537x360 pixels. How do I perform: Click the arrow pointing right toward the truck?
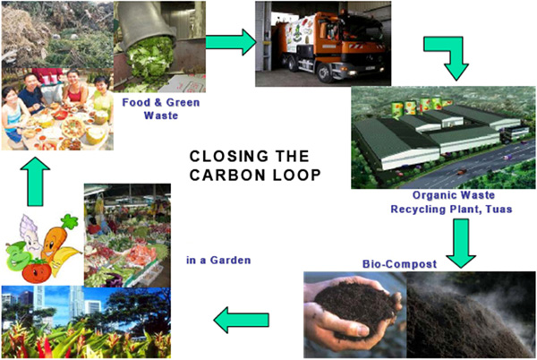(x=230, y=41)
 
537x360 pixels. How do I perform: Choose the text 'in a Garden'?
(x=218, y=261)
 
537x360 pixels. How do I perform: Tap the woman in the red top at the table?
(x=74, y=93)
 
